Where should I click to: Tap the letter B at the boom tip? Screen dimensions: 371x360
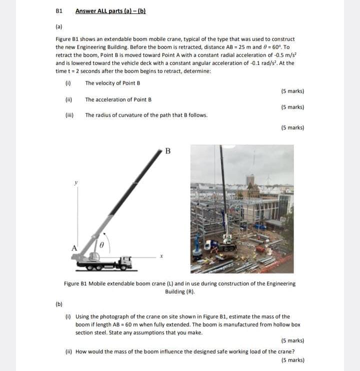pyautogui.click(x=167, y=150)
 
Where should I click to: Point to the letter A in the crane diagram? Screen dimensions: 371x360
pyautogui.click(x=74, y=247)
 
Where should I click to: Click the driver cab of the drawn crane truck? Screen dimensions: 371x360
pyautogui.click(x=126, y=261)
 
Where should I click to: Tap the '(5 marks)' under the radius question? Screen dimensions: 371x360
pyautogui.click(x=292, y=127)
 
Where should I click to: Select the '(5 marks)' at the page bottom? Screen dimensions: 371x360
pyautogui.click(x=292, y=359)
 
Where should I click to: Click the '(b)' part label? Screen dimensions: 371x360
pyautogui.click(x=59, y=303)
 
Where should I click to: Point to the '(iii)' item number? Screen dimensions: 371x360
pyautogui.click(x=69, y=115)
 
